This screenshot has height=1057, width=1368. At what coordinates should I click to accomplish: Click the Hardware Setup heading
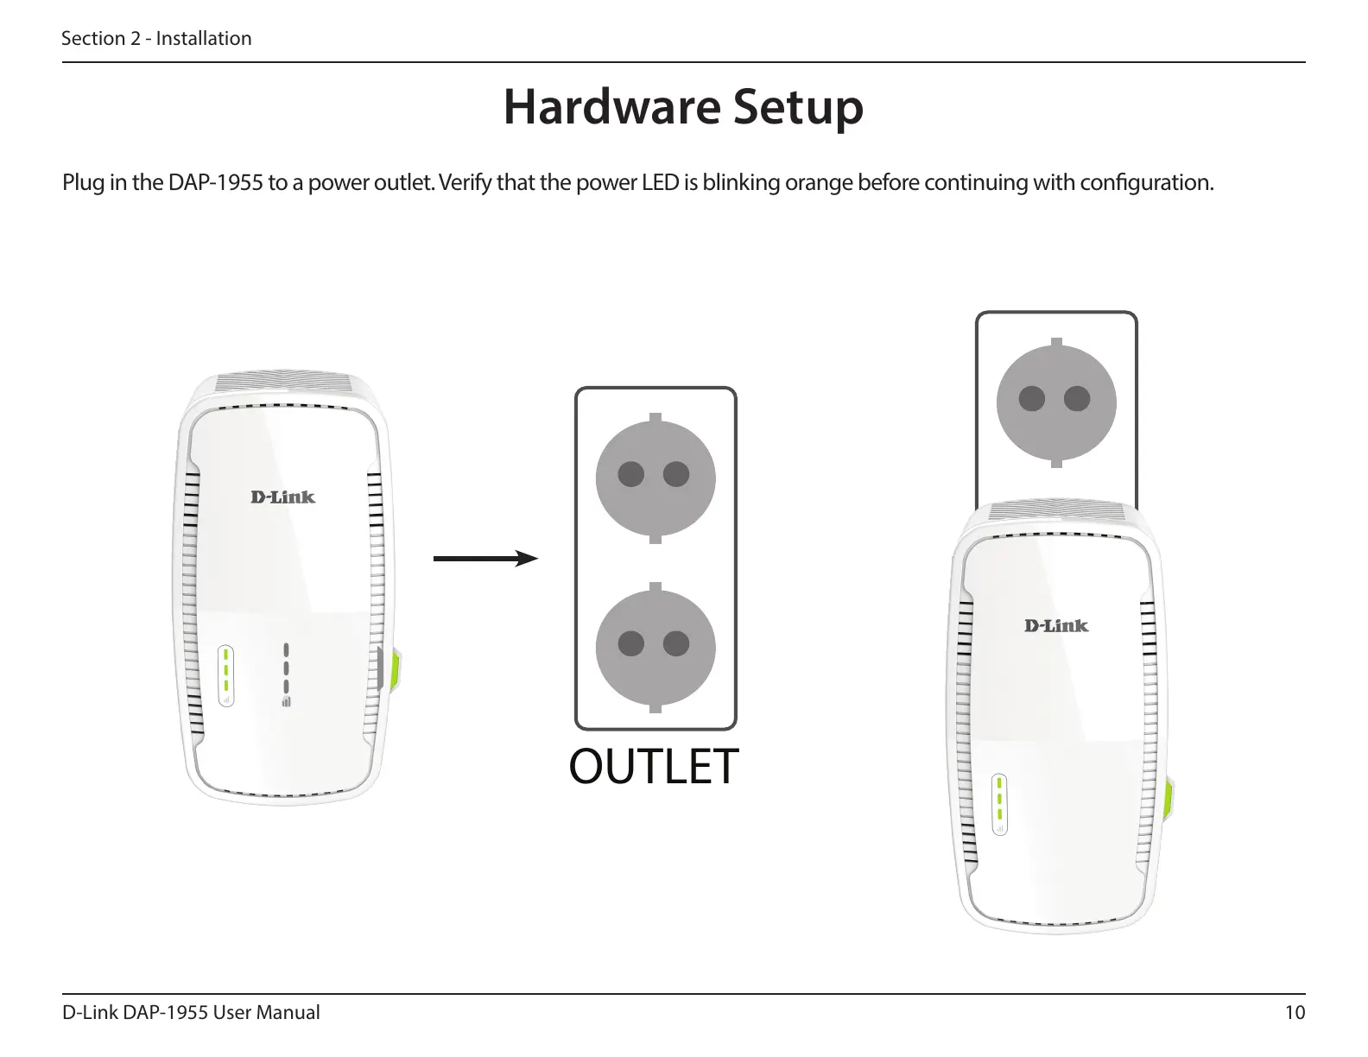683,109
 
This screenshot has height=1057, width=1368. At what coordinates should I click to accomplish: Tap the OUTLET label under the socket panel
654,766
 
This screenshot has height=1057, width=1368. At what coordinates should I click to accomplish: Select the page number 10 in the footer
1295,1012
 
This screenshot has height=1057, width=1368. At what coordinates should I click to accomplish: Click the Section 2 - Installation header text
156,38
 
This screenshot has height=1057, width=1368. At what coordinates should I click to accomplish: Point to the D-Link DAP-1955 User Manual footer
191,1012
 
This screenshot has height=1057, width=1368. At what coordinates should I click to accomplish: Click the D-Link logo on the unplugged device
282,497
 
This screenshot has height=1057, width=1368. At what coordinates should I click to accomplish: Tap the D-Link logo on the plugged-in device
1056,625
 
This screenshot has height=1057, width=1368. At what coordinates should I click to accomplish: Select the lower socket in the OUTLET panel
655,644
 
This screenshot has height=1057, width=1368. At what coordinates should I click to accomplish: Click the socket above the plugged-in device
1055,399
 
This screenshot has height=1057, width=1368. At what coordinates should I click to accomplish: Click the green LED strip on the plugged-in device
1000,801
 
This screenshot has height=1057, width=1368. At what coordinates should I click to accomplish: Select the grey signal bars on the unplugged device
287,674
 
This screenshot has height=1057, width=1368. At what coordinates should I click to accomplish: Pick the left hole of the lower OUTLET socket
631,644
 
